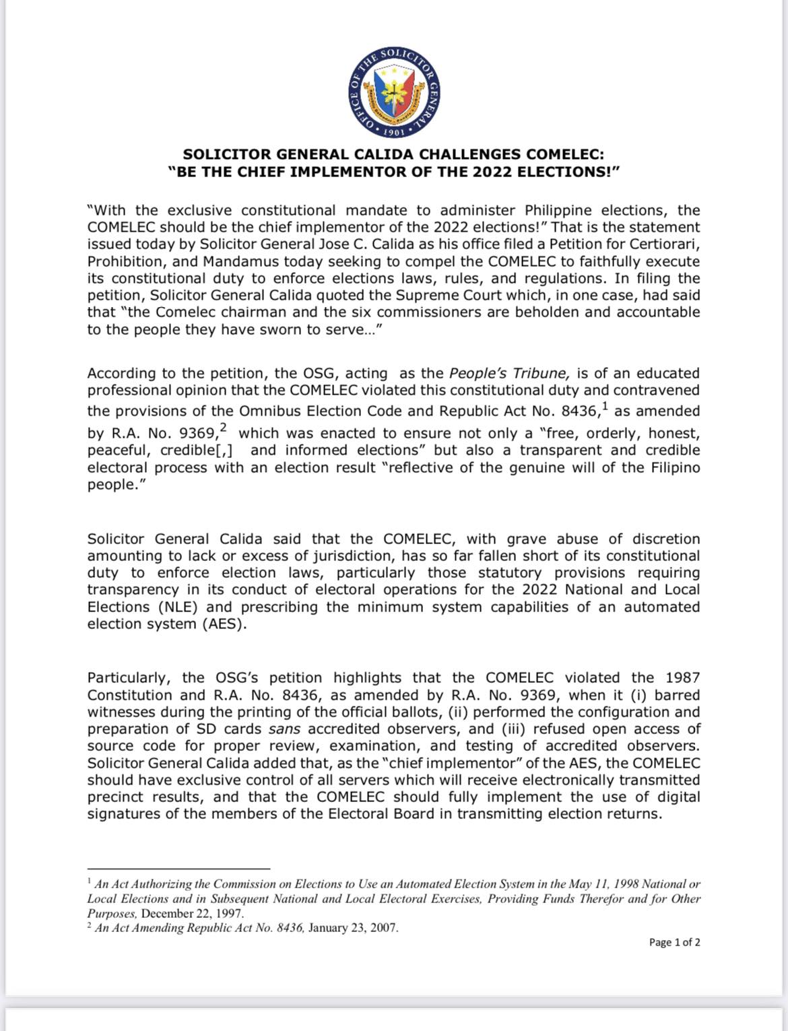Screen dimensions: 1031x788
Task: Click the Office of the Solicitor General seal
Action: [394, 92]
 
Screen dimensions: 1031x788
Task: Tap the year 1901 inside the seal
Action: [394, 132]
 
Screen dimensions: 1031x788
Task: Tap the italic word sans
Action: [284, 729]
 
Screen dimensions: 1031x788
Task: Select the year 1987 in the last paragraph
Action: [682, 678]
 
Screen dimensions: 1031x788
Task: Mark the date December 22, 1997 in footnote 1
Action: [192, 914]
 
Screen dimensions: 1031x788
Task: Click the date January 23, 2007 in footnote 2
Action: [353, 928]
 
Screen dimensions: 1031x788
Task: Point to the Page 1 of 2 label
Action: [674, 943]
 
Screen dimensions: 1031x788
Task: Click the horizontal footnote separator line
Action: [178, 869]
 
